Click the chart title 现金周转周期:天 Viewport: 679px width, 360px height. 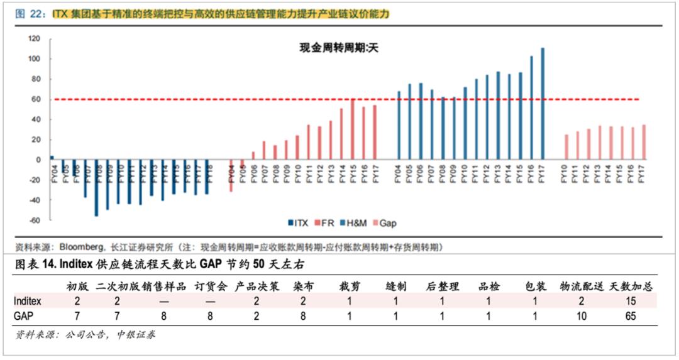click(x=337, y=47)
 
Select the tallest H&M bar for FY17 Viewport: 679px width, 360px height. click(x=542, y=103)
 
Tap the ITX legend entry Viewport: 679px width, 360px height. click(x=299, y=223)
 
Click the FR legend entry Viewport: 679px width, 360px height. click(x=326, y=223)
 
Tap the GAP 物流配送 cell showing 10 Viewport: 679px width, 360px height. click(x=581, y=316)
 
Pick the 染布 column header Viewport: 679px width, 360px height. click(x=304, y=286)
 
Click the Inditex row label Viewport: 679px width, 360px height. click(x=30, y=301)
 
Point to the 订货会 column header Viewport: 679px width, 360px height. click(x=210, y=286)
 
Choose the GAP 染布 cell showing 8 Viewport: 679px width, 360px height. click(x=304, y=316)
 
